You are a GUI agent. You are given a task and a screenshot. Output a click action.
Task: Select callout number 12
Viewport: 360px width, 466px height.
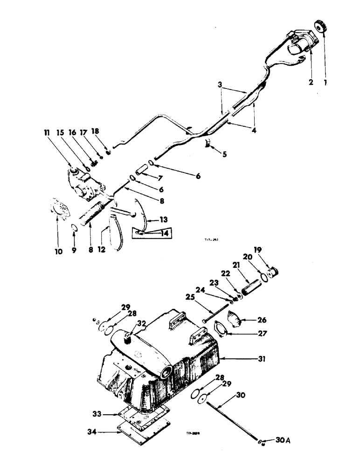point(102,249)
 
